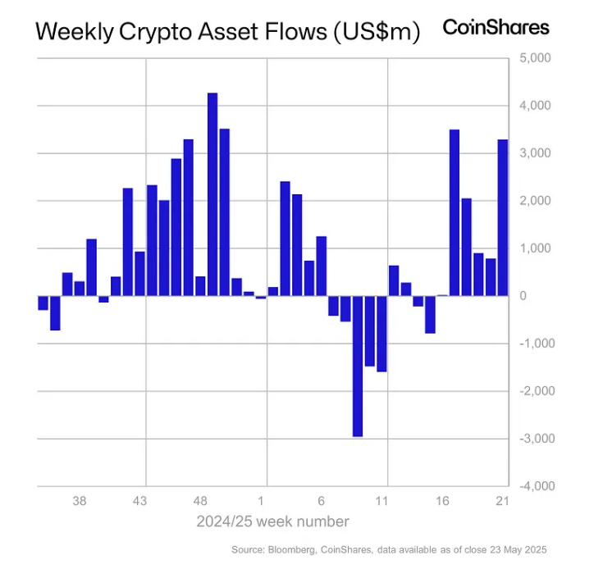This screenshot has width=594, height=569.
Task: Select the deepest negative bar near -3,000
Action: pyautogui.click(x=357, y=366)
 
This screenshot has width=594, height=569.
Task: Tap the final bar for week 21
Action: pyautogui.click(x=502, y=217)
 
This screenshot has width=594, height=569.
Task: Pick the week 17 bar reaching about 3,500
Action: pyautogui.click(x=454, y=212)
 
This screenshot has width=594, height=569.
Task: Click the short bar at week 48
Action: pyautogui.click(x=200, y=286)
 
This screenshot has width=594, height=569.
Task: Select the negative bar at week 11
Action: pyautogui.click(x=382, y=334)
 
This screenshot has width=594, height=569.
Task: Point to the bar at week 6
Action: pyautogui.click(x=321, y=266)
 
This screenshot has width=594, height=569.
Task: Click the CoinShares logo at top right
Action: pyautogui.click(x=496, y=27)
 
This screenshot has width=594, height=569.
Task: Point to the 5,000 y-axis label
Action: pyautogui.click(x=535, y=59)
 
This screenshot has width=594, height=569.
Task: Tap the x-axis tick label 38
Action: pyautogui.click(x=80, y=501)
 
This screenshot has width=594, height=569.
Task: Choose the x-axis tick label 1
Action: pyautogui.click(x=261, y=501)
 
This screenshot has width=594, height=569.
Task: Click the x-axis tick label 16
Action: pyautogui.click(x=442, y=501)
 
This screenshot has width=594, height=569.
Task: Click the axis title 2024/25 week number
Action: pyautogui.click(x=272, y=521)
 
